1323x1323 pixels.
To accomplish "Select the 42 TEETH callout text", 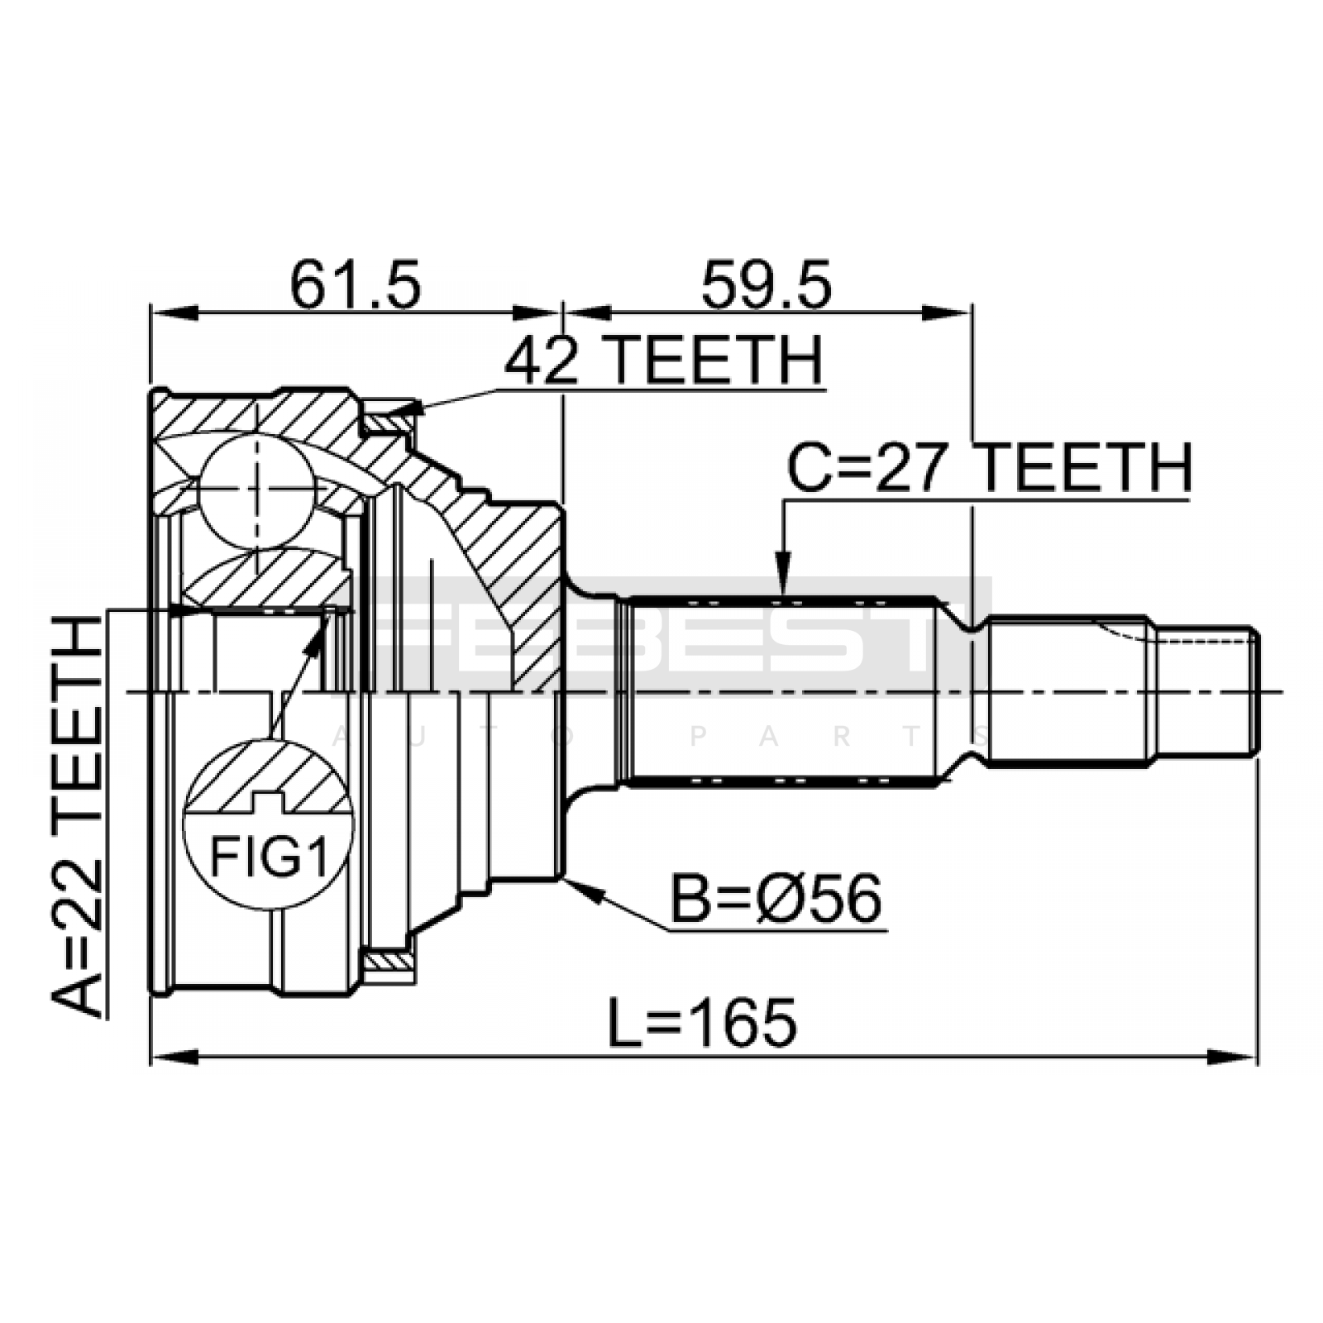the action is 664,361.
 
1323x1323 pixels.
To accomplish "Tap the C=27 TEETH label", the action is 989,468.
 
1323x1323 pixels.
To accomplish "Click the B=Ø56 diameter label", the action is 776,900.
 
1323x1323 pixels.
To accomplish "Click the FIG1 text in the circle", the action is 269,857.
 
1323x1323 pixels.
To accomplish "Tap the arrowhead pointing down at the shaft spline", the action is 782,578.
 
